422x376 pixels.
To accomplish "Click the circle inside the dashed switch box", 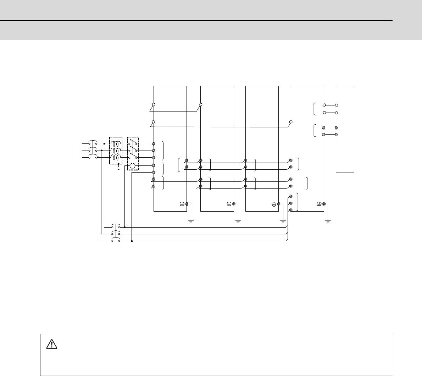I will (133, 166).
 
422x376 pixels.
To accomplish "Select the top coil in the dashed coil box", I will (116, 144).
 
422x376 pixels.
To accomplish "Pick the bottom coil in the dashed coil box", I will (116, 157).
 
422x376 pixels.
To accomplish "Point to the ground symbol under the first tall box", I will (191, 221).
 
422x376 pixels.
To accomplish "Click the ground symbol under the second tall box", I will (238, 221).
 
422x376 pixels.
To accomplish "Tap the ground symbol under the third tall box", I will (283, 221).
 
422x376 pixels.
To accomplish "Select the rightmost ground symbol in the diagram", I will (328, 221).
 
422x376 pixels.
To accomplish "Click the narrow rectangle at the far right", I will (345, 129).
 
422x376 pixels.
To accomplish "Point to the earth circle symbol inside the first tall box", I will (182, 204).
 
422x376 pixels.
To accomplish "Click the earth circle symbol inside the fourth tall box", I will (319, 204).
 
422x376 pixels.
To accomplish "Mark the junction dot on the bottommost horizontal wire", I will (132, 241).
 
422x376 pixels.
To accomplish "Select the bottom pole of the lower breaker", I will (116, 241).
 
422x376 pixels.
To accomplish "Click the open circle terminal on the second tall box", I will (201, 105).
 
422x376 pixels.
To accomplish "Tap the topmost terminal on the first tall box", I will (154, 105).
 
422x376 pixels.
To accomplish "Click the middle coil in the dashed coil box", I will (116, 151).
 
